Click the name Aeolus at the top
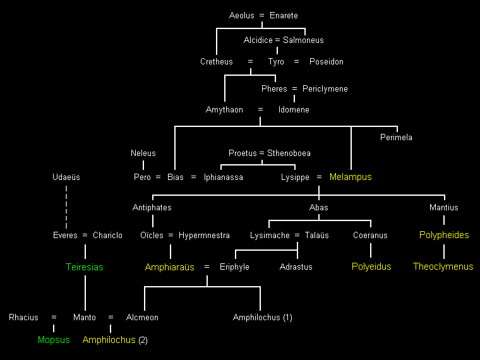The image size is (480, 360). [241, 15]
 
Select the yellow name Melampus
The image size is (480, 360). [351, 177]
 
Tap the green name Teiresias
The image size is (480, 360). [85, 267]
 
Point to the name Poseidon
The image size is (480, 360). [327, 62]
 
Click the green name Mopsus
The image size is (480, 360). [54, 340]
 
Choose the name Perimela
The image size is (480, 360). [396, 137]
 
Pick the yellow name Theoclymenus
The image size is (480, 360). [443, 267]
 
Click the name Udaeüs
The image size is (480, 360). [66, 177]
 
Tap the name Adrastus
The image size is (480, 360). [296, 267]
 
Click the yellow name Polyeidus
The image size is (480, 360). [371, 267]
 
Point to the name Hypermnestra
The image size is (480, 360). [204, 236]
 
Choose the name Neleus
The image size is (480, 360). [143, 153]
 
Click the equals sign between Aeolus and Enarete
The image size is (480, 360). [263, 15]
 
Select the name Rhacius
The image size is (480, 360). [23, 318]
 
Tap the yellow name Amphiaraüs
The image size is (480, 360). [169, 267]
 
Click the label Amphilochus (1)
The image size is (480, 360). [262, 318]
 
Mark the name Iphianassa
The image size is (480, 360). [223, 177]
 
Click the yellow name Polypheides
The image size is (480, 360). [444, 235]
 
